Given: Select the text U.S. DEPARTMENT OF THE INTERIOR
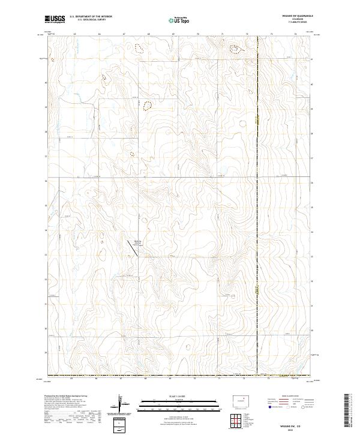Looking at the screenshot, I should click(90, 17).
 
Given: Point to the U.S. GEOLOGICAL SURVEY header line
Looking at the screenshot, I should click(90, 20).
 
